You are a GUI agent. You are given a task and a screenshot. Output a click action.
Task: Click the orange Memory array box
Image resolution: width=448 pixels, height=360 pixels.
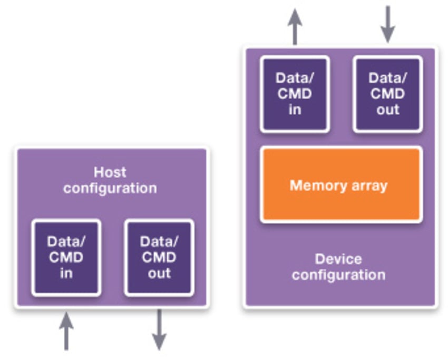(340, 184)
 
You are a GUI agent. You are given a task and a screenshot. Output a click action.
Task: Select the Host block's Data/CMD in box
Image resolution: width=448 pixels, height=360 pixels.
(66, 257)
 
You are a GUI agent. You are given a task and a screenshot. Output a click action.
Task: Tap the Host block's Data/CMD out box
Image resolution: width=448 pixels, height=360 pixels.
(159, 257)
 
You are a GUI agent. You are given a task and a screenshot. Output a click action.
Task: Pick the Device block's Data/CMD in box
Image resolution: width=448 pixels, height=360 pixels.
(295, 94)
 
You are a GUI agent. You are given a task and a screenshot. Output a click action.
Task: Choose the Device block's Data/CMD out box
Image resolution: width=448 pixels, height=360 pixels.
(387, 94)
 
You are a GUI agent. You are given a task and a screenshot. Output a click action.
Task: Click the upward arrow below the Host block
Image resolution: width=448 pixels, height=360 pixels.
(66, 330)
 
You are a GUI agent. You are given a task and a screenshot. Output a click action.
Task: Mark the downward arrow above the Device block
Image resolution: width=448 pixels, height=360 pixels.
(387, 24)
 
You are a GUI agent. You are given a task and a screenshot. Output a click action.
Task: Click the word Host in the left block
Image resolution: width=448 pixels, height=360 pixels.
(110, 172)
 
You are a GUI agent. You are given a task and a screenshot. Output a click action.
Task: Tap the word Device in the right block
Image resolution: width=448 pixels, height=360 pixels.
(338, 259)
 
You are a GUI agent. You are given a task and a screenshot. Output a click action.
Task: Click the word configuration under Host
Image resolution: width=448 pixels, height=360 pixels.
(110, 188)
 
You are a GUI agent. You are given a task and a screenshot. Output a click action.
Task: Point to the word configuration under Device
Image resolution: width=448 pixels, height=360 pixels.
(338, 275)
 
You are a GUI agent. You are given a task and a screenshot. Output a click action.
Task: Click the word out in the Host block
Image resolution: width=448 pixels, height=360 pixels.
(159, 273)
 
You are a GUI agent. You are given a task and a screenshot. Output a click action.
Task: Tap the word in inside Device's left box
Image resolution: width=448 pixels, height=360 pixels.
(295, 110)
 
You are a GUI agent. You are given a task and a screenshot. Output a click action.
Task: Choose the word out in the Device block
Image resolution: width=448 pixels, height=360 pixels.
(387, 110)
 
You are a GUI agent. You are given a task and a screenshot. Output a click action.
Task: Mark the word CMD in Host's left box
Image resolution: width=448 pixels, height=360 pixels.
(66, 257)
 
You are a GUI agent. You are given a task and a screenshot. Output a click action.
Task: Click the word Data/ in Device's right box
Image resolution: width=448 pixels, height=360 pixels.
(387, 78)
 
